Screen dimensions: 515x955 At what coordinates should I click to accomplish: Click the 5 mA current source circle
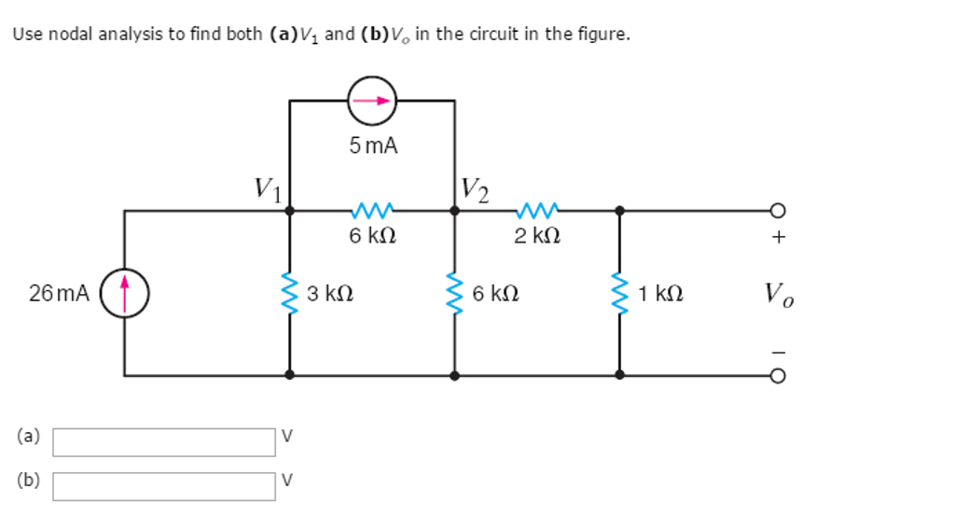372,100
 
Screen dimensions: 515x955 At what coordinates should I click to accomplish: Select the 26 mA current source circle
124,293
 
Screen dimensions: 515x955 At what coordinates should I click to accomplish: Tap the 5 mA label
373,146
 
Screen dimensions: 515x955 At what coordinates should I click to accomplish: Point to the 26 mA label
59,294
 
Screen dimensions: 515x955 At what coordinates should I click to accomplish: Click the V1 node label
267,189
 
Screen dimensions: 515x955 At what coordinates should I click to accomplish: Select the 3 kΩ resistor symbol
290,294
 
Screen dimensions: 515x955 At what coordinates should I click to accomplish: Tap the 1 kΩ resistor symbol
619,294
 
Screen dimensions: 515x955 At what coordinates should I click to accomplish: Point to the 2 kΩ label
538,237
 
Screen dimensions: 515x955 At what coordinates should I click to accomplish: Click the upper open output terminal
779,211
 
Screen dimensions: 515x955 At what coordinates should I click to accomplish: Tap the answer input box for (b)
164,485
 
